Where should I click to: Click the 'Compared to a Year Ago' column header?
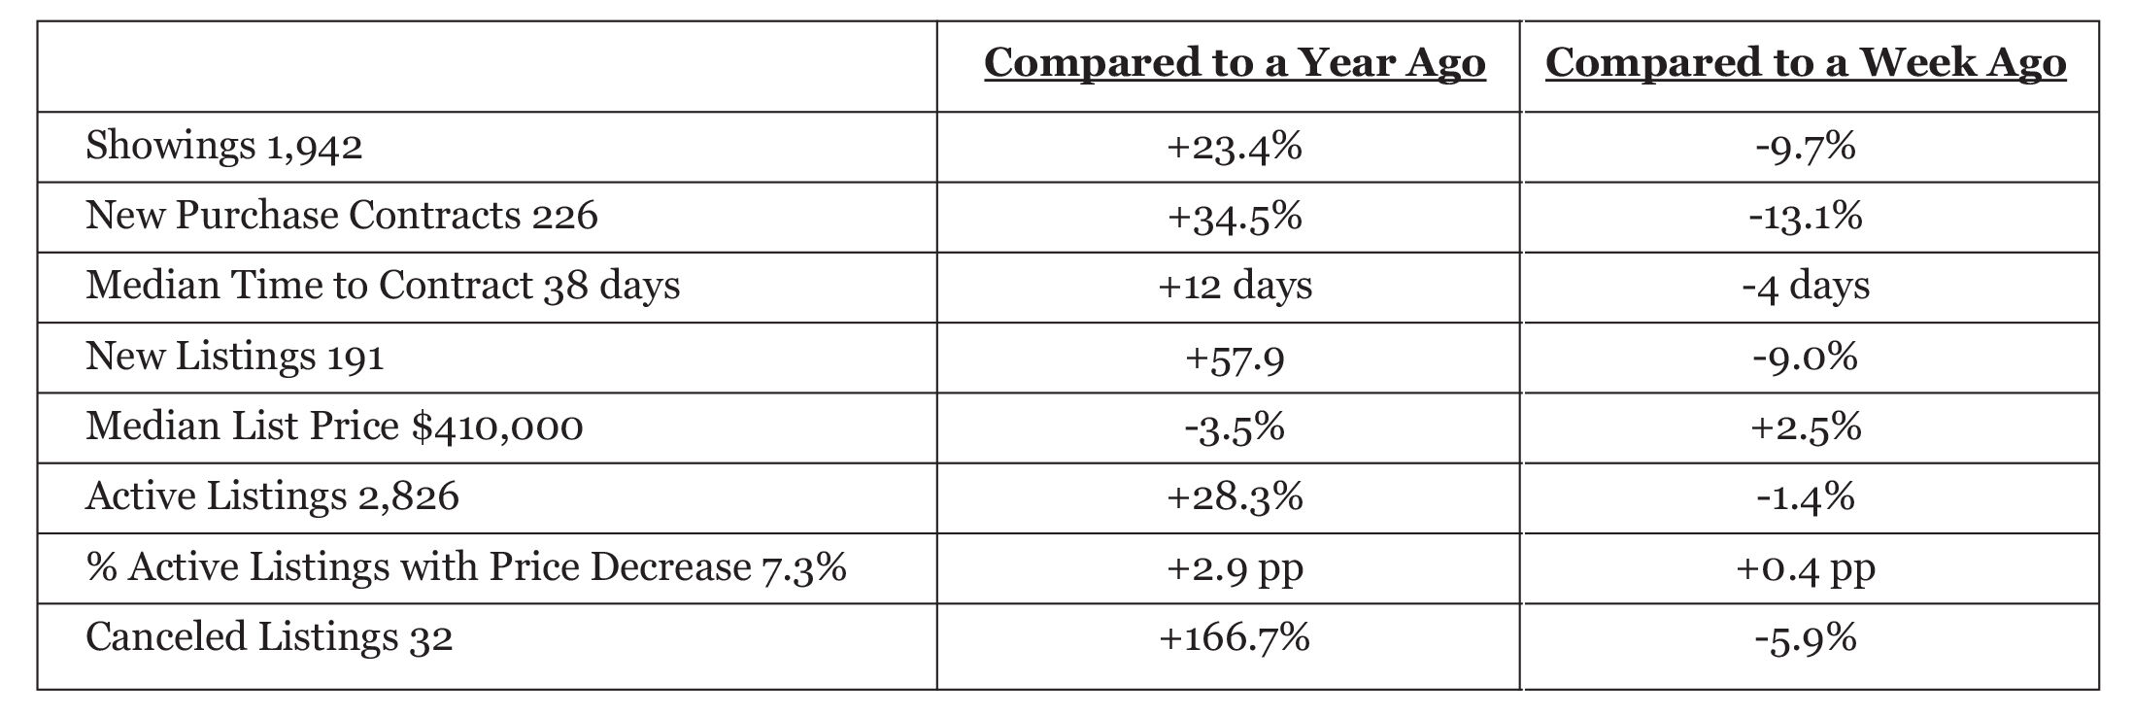point(1235,63)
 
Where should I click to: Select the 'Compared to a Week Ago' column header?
point(1806,63)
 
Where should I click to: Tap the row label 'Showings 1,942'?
point(224,147)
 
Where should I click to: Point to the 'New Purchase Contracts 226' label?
point(342,216)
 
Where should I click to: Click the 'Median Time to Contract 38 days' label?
point(383,286)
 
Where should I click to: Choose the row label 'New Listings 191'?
point(235,357)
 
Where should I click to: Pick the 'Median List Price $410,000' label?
point(334,427)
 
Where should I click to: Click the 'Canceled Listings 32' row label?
point(269,638)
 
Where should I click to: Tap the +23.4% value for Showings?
point(1235,147)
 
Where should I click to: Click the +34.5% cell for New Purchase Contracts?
point(1235,216)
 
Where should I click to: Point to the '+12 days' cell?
point(1235,286)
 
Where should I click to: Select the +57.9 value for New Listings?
point(1235,358)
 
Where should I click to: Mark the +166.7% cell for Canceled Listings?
point(1235,638)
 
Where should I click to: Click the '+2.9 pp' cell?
point(1235,568)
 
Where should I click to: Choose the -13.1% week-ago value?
point(1806,216)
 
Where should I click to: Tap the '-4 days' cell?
point(1806,286)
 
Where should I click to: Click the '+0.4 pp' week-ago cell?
point(1806,568)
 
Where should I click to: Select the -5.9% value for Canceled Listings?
point(1806,638)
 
